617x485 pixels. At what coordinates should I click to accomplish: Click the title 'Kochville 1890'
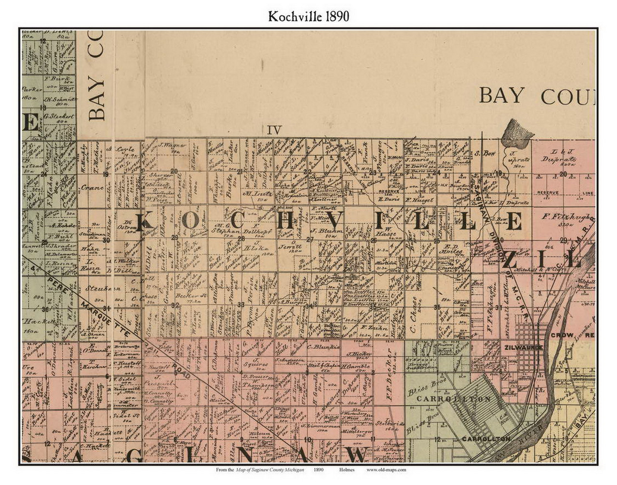click(308, 16)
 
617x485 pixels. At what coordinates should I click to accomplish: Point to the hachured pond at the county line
click(514, 131)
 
